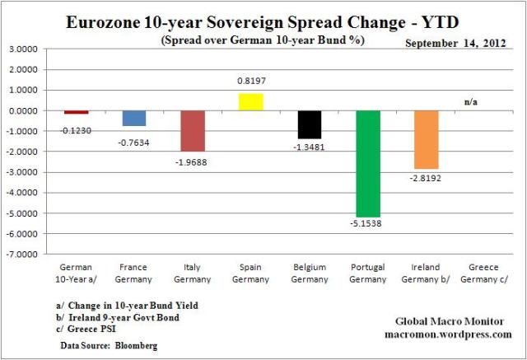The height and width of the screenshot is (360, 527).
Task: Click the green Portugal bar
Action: coord(367,163)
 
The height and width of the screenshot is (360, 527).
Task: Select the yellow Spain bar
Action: coord(250,102)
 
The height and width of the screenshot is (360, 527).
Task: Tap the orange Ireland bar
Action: coord(426,139)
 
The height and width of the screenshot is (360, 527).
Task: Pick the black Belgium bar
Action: coord(309,124)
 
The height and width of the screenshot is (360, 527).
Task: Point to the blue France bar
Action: coord(134,118)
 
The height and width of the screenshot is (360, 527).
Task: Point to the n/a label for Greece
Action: coord(471,102)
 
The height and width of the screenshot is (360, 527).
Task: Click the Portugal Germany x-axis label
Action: coord(367,273)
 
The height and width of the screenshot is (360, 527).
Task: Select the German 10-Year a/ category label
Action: coord(77,273)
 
